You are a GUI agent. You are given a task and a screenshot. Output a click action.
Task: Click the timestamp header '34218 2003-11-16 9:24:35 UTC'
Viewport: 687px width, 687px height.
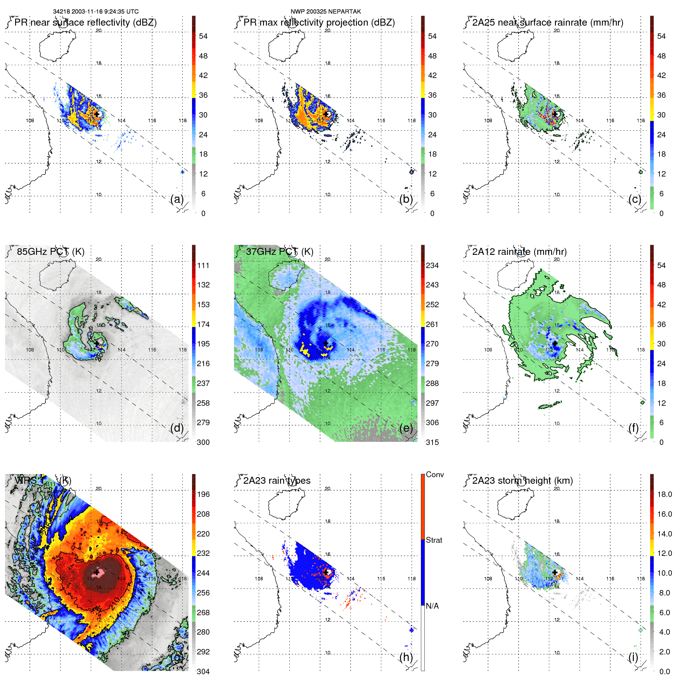click(x=95, y=12)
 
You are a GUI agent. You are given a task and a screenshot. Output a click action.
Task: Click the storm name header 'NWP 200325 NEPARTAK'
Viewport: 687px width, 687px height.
click(x=326, y=12)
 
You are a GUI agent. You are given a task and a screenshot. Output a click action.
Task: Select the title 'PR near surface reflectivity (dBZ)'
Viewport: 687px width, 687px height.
click(x=85, y=22)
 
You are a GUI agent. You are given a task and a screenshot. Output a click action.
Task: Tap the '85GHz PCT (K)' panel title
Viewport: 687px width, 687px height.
click(x=50, y=251)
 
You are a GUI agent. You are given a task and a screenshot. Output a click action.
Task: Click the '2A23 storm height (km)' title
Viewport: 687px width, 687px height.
click(x=523, y=481)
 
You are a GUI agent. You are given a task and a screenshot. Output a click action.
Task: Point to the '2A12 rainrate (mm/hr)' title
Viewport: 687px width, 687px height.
click(x=519, y=251)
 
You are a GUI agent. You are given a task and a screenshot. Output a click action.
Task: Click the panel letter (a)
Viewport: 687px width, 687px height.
click(x=177, y=199)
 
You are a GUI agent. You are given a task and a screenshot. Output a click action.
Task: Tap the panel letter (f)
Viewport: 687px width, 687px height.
click(x=633, y=428)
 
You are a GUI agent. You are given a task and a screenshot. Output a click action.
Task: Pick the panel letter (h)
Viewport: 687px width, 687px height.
click(x=406, y=657)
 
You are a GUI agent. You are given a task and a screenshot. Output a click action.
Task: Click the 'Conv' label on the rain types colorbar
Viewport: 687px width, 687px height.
click(x=435, y=474)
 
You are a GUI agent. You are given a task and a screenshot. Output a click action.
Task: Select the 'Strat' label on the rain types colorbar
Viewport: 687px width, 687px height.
click(x=434, y=540)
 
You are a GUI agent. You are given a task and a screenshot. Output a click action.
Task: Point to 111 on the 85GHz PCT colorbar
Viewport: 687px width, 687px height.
click(x=203, y=265)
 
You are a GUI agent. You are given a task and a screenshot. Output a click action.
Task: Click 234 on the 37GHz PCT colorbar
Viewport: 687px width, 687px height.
click(x=432, y=265)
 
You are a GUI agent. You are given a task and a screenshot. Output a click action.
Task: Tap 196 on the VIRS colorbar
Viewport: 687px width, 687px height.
click(x=203, y=494)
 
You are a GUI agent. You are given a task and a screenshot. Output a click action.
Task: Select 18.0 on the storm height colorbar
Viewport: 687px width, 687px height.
click(x=665, y=494)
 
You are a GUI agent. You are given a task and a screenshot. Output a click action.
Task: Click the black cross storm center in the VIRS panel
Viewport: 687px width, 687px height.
click(x=97, y=572)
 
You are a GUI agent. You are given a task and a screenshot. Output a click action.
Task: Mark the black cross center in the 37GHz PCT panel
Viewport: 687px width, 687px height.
click(x=326, y=343)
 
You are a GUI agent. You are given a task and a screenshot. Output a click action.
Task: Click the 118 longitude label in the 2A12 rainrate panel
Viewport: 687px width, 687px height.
click(x=641, y=350)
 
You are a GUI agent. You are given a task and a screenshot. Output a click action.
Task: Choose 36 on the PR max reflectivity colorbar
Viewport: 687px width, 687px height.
click(x=432, y=95)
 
